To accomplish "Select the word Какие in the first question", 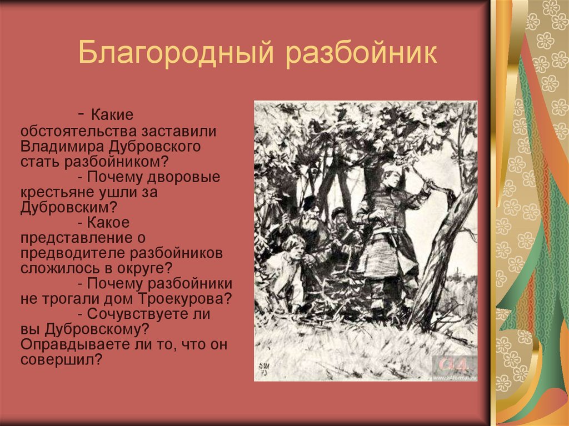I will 113,117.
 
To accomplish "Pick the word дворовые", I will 186,178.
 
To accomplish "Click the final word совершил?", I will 62,359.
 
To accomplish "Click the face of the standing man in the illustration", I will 388,179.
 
